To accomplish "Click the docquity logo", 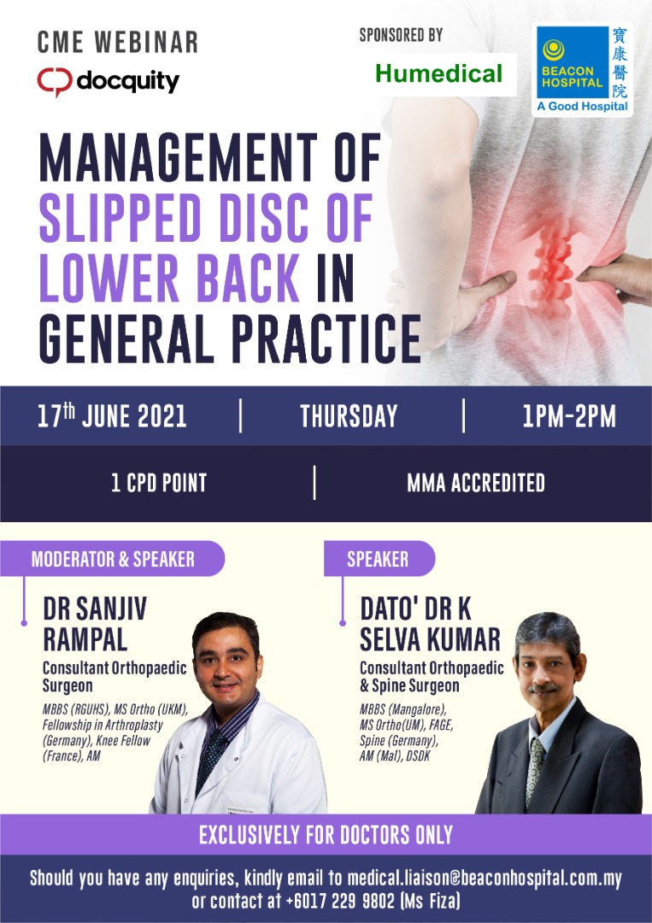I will click(x=108, y=81).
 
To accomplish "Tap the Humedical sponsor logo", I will click(x=438, y=73).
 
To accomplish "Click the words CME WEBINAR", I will click(x=118, y=41).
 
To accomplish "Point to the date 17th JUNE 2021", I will click(x=112, y=416).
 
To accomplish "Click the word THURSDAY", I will click(x=349, y=416).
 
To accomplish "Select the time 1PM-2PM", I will click(x=568, y=416).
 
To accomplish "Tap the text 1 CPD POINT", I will click(x=159, y=483).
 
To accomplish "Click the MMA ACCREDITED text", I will click(x=476, y=483).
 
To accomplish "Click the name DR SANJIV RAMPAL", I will click(x=94, y=625).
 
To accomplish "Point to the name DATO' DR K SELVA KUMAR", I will click(x=429, y=625).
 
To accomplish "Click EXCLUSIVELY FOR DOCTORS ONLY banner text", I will click(x=326, y=834).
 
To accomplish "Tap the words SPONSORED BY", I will click(x=401, y=35).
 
